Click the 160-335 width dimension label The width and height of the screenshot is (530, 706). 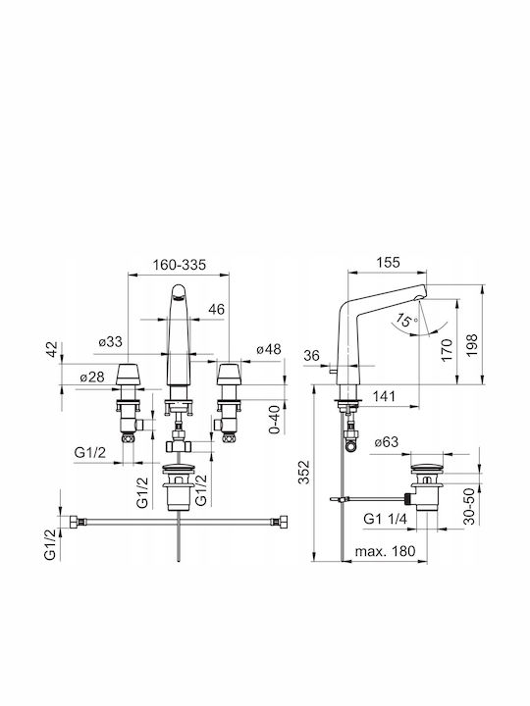180,265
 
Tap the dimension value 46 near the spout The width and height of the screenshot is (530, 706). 216,310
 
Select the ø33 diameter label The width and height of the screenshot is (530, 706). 110,342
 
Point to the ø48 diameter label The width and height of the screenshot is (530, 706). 269,349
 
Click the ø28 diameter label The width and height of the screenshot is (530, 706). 92,377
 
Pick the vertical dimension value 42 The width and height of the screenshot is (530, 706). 53,349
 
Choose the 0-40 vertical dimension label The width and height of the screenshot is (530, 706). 274,420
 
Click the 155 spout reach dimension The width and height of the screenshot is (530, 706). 388,262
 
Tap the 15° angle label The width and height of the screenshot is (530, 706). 405,320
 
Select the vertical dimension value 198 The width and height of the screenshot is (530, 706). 471,345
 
